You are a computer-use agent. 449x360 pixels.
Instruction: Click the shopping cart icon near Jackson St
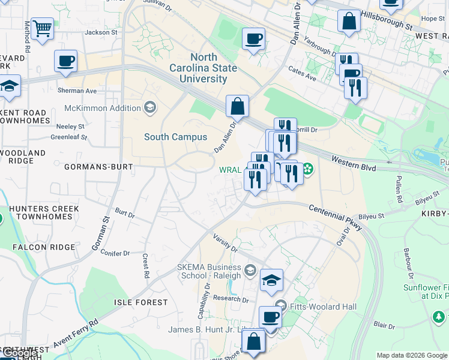(42, 28)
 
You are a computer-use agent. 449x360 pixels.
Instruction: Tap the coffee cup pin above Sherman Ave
(65, 61)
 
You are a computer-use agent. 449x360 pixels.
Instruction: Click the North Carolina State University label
(202, 68)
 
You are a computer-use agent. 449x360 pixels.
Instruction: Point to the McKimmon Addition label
(103, 109)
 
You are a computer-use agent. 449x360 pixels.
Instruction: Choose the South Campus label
(175, 137)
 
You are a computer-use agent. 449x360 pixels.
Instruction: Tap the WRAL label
(230, 170)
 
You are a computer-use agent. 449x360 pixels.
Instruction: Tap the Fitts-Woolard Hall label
(324, 307)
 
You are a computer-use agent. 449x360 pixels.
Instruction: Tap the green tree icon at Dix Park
(439, 316)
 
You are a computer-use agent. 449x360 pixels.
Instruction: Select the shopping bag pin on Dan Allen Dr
(238, 106)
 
